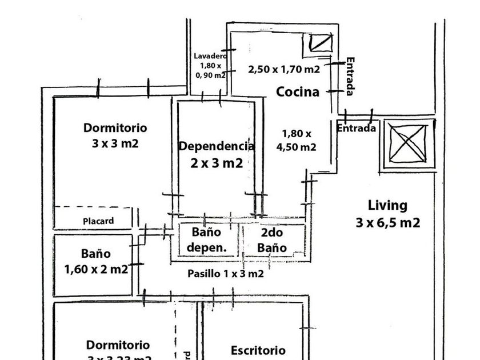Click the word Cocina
pos(298,91)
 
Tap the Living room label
pos(387,205)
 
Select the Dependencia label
pos(217,146)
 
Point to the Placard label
pos(98,221)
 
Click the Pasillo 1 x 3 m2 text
pos(226,274)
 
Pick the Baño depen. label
pos(206,240)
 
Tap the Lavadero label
pos(210,56)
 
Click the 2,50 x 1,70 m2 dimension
pos(284,70)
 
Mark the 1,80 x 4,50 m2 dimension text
pos(297,140)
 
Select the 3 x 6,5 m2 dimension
pos(387,223)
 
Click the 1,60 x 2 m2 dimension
pos(96,269)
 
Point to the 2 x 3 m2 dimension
pos(217,163)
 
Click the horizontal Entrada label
pos(356,128)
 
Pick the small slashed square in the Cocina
pos(319,43)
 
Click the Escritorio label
pos(258,350)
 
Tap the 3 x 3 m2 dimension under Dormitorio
pos(115,143)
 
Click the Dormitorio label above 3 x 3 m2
pos(115,127)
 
